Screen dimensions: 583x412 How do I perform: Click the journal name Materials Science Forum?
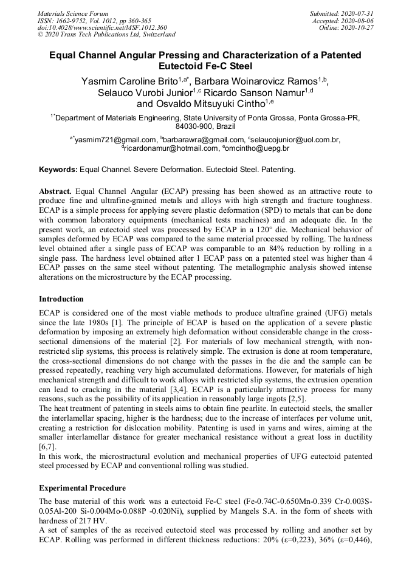pos(73,13)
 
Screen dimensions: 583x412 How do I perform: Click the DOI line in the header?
pos(102,27)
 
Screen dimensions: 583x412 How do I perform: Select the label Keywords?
pos(58,168)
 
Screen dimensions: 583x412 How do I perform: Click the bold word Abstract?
pos(55,190)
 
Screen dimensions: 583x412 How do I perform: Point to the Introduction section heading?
pos(61,298)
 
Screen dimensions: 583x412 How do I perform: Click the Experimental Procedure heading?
pos(82,488)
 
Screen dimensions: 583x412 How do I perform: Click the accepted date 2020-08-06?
pos(355,20)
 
